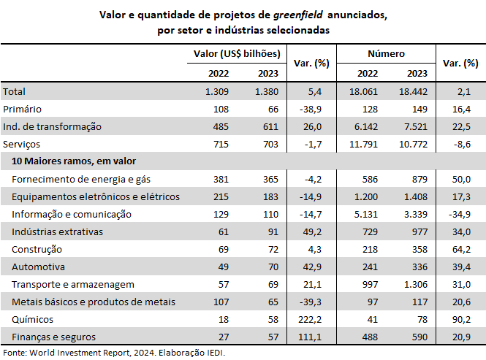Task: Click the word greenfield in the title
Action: pyautogui.click(x=298, y=15)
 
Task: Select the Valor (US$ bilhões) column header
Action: pyautogui.click(x=237, y=54)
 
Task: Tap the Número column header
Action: pyautogui.click(x=386, y=54)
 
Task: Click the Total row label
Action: pyautogui.click(x=15, y=92)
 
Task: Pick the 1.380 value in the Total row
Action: pyautogui.click(x=267, y=92)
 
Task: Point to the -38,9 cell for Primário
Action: pyautogui.click(x=311, y=110)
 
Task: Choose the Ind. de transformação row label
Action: pyautogui.click(x=52, y=127)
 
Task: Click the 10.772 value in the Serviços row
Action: pyautogui.click(x=413, y=145)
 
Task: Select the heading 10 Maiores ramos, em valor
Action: pyautogui.click(x=74, y=161)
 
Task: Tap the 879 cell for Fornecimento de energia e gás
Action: pyautogui.click(x=419, y=180)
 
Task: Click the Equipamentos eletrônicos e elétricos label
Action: pyautogui.click(x=96, y=196)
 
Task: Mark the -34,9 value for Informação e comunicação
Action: pyautogui.click(x=460, y=215)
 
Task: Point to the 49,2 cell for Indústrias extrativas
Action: pyautogui.click(x=313, y=232)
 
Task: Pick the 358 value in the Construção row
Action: pyautogui.click(x=419, y=250)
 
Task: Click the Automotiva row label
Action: pyautogui.click(x=39, y=267)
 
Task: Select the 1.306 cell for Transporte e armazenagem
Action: pyautogui.click(x=416, y=284)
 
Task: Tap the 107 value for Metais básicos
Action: pyautogui.click(x=221, y=302)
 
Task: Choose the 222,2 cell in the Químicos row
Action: pyautogui.click(x=310, y=319)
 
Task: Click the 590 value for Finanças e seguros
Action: pyautogui.click(x=419, y=337)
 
